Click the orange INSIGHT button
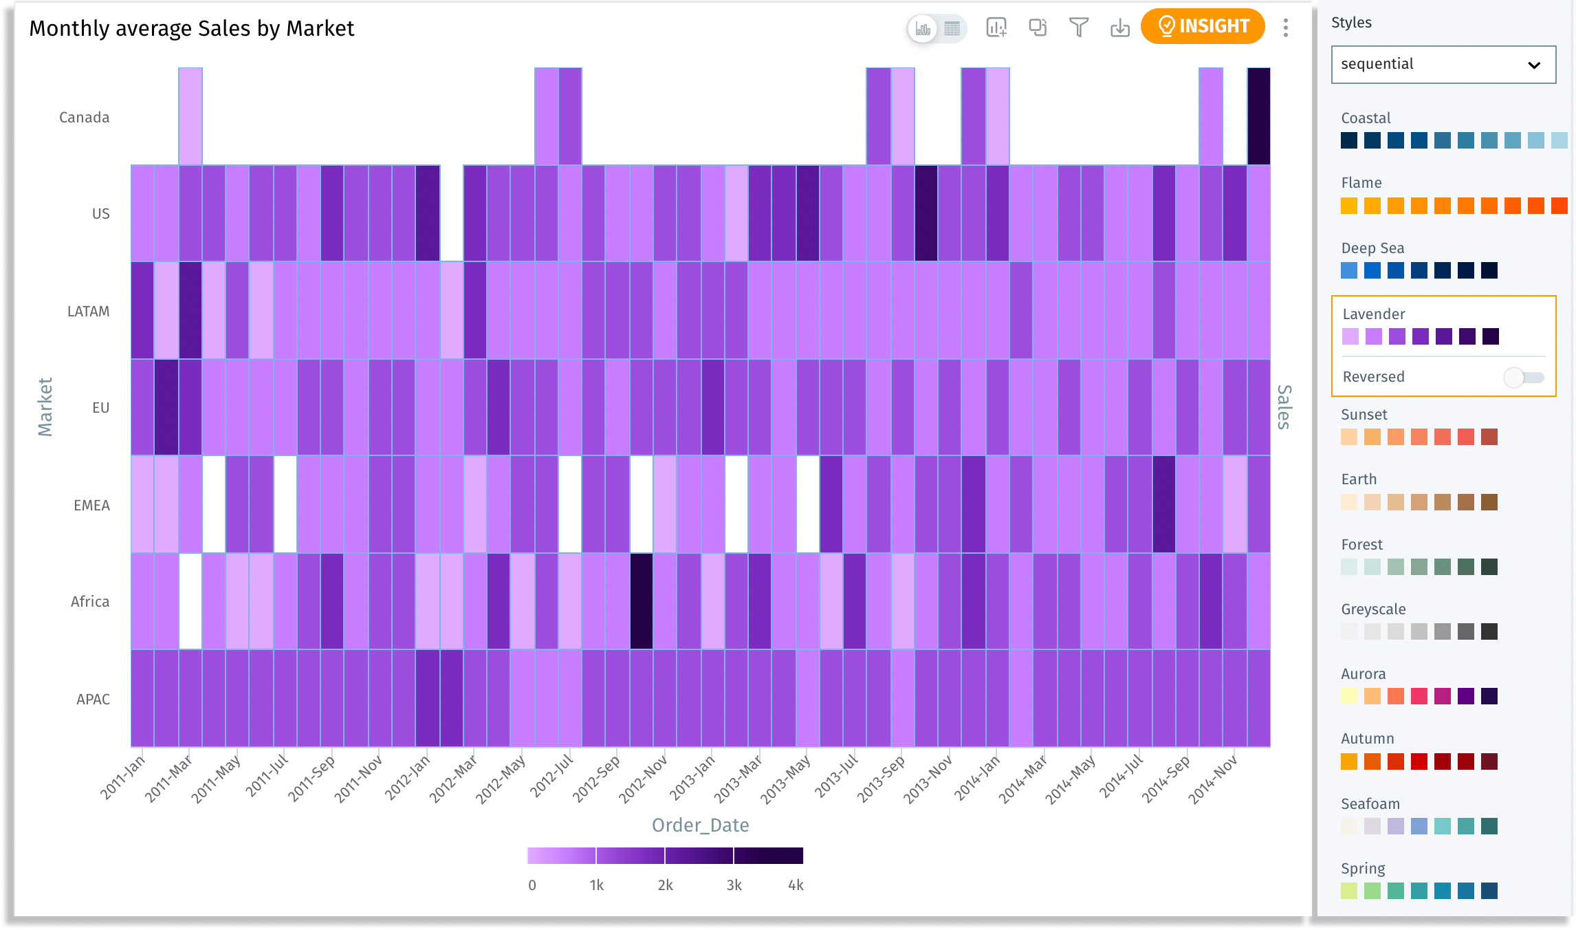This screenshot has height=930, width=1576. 1203,27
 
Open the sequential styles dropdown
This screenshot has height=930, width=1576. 1443,65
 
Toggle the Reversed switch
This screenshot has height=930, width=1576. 1524,377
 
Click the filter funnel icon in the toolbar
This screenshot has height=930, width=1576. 1079,28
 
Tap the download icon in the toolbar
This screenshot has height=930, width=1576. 1120,28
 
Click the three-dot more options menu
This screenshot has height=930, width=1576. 1285,28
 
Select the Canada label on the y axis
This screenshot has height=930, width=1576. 85,118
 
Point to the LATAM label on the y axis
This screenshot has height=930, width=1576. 88,312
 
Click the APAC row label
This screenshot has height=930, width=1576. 93,700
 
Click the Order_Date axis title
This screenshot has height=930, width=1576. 700,825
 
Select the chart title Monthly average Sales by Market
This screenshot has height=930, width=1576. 191,28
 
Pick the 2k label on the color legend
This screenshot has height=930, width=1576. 665,885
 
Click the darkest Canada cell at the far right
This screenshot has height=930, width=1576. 1258,116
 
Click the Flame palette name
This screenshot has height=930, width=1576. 1361,183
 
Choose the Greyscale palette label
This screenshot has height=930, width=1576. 1373,609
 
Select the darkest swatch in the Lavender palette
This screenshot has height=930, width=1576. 1490,336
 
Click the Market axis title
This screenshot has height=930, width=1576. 45,407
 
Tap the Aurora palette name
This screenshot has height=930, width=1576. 1363,674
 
